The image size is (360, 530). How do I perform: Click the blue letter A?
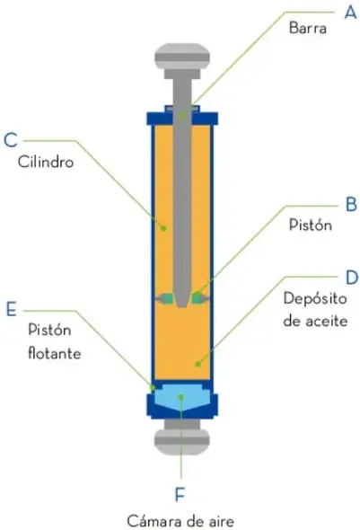tap(350, 13)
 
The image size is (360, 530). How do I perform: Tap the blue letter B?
tap(352, 204)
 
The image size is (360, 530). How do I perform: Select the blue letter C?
tap(11, 140)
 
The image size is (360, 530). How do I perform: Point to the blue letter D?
tap(352, 278)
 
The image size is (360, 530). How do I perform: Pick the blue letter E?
tap(11, 309)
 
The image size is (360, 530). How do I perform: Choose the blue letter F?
tap(180, 494)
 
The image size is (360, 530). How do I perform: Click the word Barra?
tap(308, 28)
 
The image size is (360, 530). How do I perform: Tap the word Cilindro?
tap(46, 162)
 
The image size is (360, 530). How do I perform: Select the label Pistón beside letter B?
tap(311, 225)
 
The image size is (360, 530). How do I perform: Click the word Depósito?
tap(315, 299)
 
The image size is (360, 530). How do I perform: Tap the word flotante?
tap(55, 353)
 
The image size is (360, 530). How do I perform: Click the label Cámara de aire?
tap(180, 521)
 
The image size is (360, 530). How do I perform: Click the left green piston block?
tap(167, 298)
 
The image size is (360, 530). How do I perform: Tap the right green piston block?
tap(198, 298)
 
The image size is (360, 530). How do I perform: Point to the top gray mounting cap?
tap(182, 57)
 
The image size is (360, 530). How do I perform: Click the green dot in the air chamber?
tap(181, 397)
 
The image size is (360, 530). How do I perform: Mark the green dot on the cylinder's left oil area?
tap(163, 228)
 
